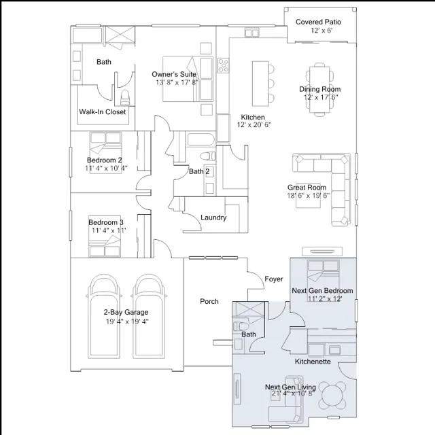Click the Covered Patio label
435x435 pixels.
318,22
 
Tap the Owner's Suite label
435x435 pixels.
174,74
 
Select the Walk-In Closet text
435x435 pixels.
103,111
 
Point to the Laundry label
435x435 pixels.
213,217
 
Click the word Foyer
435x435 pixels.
274,279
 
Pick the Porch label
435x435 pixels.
209,301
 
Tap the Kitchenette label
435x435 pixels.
313,362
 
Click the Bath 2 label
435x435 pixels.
199,171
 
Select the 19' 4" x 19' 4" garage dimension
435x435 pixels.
127,321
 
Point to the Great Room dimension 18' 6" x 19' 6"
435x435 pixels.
308,196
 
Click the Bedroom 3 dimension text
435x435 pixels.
109,230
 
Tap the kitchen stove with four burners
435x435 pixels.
223,65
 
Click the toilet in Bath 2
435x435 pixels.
208,156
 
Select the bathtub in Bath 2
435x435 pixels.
201,139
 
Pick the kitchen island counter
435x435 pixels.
260,84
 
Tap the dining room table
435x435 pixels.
319,89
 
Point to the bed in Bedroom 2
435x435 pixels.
105,153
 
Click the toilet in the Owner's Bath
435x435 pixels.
125,97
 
